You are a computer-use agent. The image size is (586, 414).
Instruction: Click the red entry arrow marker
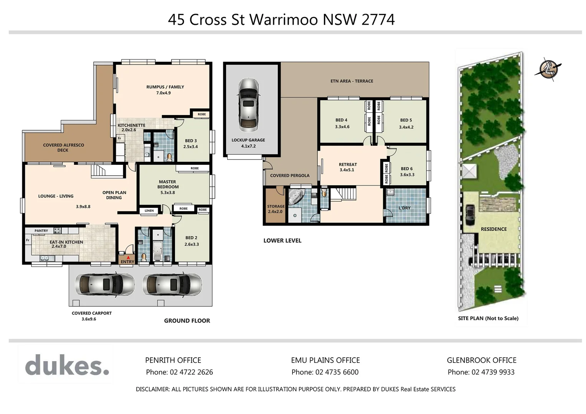[128, 258]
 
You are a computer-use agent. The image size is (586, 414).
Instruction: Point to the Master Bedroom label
[168, 187]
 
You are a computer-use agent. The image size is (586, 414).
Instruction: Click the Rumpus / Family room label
[165, 90]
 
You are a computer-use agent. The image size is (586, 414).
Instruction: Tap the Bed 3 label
[191, 143]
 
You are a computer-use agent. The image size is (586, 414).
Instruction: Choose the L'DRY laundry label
[404, 208]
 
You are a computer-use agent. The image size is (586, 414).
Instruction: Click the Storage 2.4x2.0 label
[276, 209]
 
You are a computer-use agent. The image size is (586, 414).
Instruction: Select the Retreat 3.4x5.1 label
[348, 167]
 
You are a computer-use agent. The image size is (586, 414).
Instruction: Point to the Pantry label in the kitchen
[41, 231]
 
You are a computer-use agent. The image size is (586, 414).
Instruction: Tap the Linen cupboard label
[149, 210]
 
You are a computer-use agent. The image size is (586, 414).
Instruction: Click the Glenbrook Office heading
[481, 360]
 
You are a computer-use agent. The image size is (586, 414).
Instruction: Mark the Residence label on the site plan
[494, 229]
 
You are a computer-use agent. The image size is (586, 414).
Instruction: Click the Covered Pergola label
[290, 176]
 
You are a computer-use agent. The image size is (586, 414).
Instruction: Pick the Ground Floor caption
[187, 321]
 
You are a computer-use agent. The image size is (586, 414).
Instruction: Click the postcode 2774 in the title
[378, 20]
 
